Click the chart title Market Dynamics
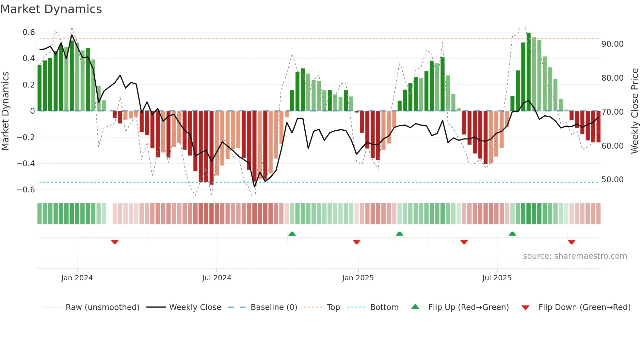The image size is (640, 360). (x=51, y=9)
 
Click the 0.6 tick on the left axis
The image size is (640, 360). (x=29, y=32)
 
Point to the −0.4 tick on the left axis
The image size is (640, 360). (x=26, y=163)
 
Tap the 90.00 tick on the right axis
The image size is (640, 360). (x=612, y=44)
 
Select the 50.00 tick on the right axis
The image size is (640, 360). (x=612, y=180)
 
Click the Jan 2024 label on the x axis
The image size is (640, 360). (x=77, y=278)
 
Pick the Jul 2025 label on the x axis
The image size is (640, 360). (x=497, y=278)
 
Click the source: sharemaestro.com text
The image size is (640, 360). (x=575, y=256)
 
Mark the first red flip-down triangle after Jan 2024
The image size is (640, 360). (x=115, y=242)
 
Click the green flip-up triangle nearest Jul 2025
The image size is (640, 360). (x=512, y=234)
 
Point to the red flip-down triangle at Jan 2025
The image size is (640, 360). (x=357, y=242)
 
